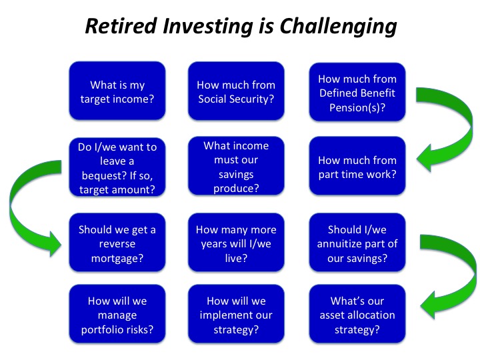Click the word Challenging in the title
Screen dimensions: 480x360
(x=338, y=27)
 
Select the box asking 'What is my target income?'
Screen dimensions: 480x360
(x=117, y=91)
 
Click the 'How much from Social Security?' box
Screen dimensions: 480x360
(x=236, y=91)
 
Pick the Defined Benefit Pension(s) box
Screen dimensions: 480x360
(x=357, y=92)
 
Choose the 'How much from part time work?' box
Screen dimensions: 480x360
(x=357, y=166)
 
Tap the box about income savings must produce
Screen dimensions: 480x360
(x=236, y=166)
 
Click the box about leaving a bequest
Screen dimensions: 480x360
(x=117, y=167)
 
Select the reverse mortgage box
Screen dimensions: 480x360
(x=117, y=243)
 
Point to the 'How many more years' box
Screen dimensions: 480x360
(x=236, y=243)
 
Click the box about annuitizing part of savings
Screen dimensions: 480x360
(x=357, y=243)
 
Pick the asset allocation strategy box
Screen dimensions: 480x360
(x=357, y=314)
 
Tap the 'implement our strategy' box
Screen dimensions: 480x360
(x=236, y=314)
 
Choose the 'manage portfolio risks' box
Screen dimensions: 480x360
(x=117, y=314)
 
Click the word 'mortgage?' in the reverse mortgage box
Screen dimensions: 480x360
(x=117, y=259)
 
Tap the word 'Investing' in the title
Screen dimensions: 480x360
(x=208, y=27)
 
